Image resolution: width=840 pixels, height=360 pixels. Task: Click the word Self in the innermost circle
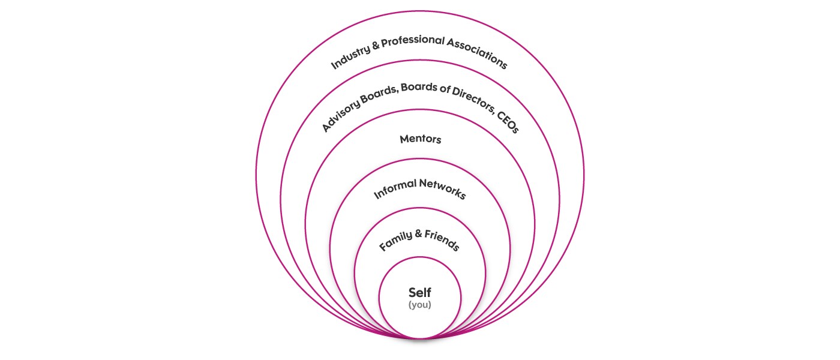point(420,293)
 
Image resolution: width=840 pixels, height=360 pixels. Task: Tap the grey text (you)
point(420,305)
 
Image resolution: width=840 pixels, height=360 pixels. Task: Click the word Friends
point(442,241)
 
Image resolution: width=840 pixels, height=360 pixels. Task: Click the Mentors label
point(420,139)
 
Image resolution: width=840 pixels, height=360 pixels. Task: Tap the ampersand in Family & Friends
point(418,233)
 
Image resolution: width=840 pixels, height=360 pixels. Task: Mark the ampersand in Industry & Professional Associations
point(375,46)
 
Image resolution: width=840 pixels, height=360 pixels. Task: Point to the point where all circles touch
point(420,339)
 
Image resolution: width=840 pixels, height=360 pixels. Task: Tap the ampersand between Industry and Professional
point(375,46)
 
